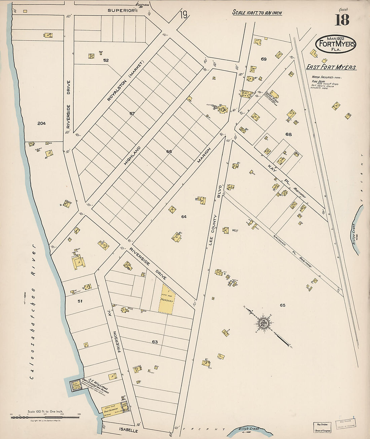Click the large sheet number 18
(x=341, y=20)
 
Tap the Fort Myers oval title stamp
(x=335, y=44)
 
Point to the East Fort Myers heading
(x=331, y=67)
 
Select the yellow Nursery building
(x=167, y=299)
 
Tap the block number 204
(x=41, y=123)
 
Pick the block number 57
(x=132, y=114)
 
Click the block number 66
(x=169, y=151)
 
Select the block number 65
(x=282, y=305)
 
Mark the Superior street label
(x=121, y=10)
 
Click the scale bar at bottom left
(x=45, y=417)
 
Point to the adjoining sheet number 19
(x=183, y=15)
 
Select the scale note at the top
(x=257, y=13)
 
